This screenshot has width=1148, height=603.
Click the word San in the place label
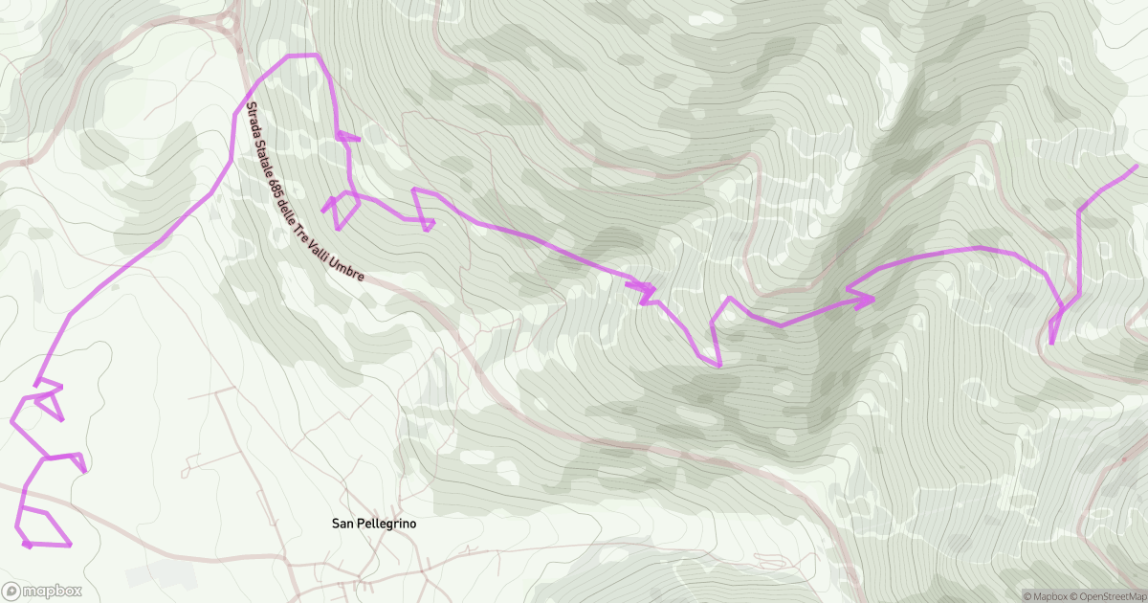[342, 524]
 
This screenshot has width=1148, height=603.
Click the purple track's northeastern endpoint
[1136, 167]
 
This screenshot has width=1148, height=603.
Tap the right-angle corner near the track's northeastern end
[1079, 208]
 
